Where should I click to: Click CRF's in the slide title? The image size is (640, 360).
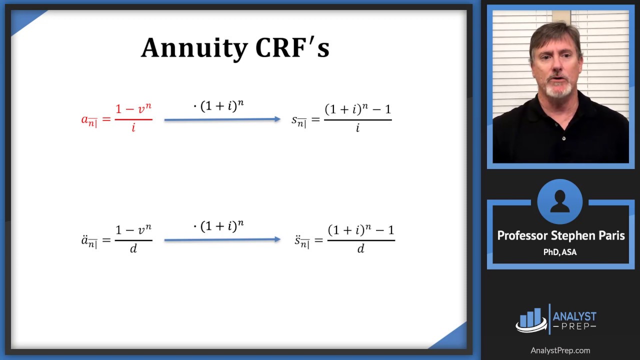click(292, 48)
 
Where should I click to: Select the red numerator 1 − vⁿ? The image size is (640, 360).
click(133, 109)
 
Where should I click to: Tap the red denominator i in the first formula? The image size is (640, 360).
click(133, 128)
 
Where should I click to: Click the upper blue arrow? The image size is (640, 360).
click(222, 119)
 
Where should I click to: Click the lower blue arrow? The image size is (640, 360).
click(222, 240)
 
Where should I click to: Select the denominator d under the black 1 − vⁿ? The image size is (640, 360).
click(133, 248)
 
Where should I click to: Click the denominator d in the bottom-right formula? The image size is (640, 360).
click(360, 248)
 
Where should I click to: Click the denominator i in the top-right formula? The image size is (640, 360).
click(357, 128)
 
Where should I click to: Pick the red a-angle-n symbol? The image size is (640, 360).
click(89, 120)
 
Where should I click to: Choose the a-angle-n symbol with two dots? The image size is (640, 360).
click(89, 241)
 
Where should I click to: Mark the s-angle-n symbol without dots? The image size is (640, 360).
click(298, 120)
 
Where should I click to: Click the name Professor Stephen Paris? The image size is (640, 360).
click(560, 235)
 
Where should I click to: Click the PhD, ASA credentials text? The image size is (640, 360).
click(560, 252)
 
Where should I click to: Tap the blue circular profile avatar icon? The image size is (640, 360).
click(559, 201)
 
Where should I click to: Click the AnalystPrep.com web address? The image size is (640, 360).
click(560, 350)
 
